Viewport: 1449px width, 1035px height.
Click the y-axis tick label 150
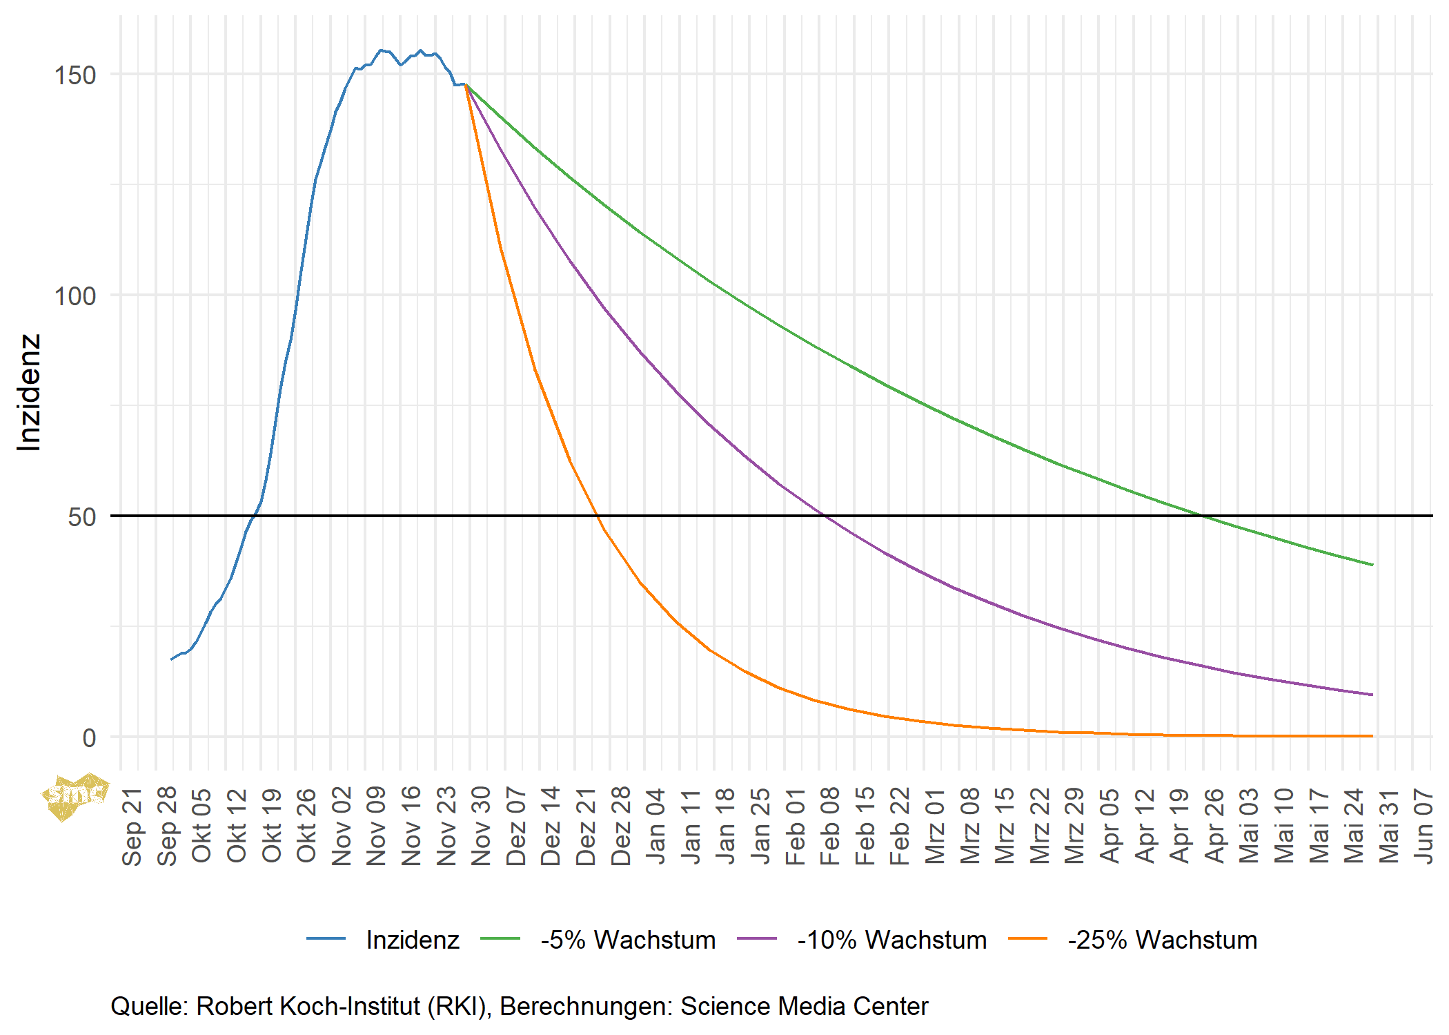point(75,75)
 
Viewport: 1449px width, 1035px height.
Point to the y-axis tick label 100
point(75,296)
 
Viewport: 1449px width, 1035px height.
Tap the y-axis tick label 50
point(81,517)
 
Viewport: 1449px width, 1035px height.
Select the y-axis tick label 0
point(89,738)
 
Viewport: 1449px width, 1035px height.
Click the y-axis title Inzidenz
point(29,392)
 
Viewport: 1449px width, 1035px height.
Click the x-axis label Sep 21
point(131,826)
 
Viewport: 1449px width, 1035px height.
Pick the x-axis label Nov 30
point(480,826)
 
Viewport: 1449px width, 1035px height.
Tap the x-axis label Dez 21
point(585,826)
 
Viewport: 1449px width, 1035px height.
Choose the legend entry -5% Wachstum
point(628,940)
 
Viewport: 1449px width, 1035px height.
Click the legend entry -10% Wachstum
point(891,940)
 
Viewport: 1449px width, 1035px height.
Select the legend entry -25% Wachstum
point(1162,940)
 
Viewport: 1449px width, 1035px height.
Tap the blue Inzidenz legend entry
point(412,940)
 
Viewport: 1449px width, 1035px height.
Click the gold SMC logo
point(75,796)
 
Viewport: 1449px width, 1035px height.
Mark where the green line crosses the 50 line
point(1203,516)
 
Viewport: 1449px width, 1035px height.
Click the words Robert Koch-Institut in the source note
point(308,1007)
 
